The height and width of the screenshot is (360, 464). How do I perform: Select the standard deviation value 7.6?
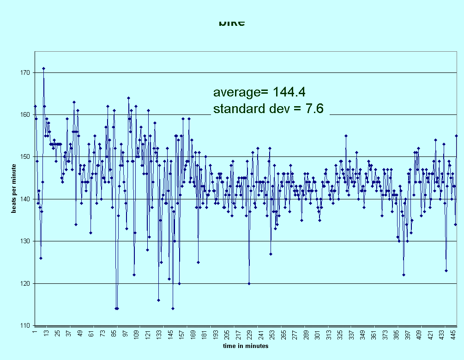[x=315, y=109]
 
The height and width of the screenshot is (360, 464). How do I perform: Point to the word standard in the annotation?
[x=241, y=109]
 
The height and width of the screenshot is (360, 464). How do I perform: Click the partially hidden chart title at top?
[x=231, y=23]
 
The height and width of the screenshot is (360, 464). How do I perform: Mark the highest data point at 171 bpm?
[x=43, y=68]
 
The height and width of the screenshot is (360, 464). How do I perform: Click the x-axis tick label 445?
[x=453, y=334]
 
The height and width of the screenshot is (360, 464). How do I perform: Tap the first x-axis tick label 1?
[x=35, y=332]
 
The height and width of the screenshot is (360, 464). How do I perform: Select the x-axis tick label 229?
[x=250, y=334]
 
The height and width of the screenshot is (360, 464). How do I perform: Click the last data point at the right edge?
[x=456, y=136]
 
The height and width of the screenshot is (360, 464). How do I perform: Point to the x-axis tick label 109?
[x=137, y=334]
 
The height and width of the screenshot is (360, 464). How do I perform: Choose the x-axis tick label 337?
[x=351, y=334]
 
